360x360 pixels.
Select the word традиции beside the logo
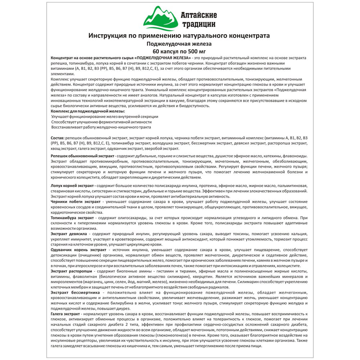(198, 24)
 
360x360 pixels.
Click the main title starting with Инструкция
(179, 36)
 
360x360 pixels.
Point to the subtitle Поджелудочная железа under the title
(179, 44)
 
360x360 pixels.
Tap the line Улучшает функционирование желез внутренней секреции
(104, 117)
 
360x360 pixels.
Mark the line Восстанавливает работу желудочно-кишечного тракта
(101, 127)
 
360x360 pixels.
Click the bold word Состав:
(58, 138)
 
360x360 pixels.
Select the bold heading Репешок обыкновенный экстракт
(83, 156)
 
